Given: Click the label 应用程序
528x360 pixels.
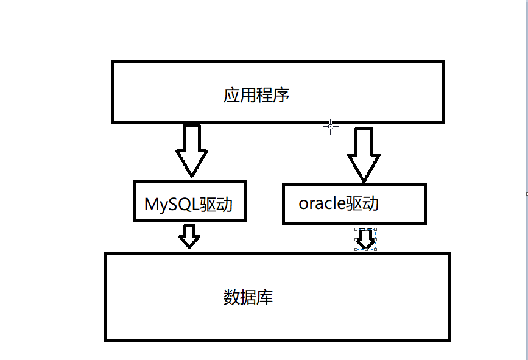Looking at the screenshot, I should click(x=256, y=95).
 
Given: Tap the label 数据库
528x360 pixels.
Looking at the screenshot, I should click(x=248, y=297).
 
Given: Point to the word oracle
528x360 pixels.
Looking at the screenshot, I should click(x=322, y=203).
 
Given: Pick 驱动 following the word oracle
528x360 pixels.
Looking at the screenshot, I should click(x=362, y=203).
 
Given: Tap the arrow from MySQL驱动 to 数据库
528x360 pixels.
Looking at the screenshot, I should click(x=190, y=236).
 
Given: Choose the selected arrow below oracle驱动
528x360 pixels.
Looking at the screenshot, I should click(x=365, y=239).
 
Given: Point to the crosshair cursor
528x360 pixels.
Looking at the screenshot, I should click(x=331, y=126).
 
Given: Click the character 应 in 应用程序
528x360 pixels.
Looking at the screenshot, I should click(x=231, y=95).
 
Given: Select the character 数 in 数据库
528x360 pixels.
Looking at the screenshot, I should click(x=231, y=297).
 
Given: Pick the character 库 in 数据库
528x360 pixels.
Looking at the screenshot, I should click(x=265, y=297).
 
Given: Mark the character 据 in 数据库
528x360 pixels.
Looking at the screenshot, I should click(x=248, y=297).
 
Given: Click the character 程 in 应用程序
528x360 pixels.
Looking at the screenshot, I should click(x=264, y=95).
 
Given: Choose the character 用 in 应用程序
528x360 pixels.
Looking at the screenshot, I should click(x=248, y=95).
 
